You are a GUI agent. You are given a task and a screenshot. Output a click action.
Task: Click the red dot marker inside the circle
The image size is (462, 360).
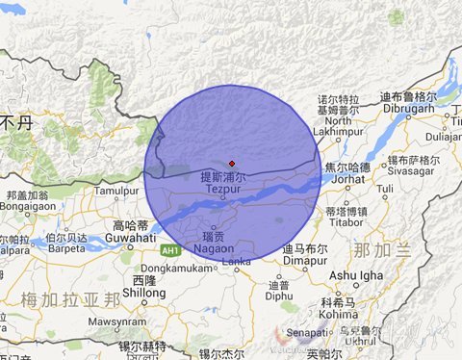[231, 163]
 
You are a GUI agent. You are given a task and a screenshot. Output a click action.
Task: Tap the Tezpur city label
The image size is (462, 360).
[222, 191]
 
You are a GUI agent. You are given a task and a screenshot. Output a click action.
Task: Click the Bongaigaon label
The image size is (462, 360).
[28, 206]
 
